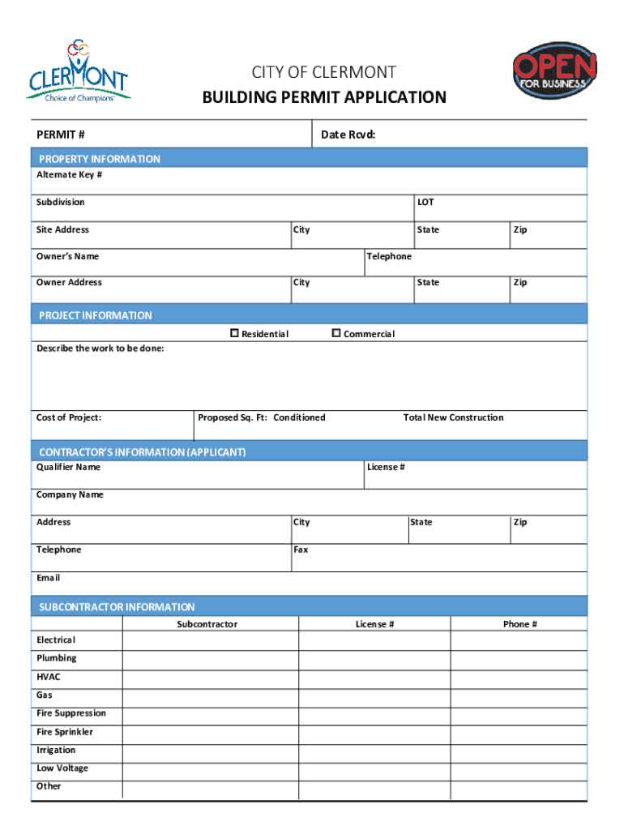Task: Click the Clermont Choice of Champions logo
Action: click(x=78, y=71)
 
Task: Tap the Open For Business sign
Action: click(x=555, y=71)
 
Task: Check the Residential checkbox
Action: click(x=235, y=333)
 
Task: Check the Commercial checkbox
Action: click(x=336, y=333)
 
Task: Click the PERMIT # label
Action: click(x=61, y=135)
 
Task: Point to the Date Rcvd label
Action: click(x=348, y=135)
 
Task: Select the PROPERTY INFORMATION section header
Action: click(x=100, y=159)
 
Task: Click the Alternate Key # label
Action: click(x=69, y=175)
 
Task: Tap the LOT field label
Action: click(x=425, y=202)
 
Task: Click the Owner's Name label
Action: click(x=67, y=256)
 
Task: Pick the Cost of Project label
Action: click(x=69, y=417)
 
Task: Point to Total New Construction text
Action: click(x=453, y=417)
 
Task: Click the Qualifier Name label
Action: click(x=68, y=467)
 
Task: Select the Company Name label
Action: click(x=70, y=494)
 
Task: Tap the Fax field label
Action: click(x=301, y=550)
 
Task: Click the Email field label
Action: click(x=48, y=578)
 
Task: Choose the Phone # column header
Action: click(x=519, y=624)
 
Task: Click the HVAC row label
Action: click(x=48, y=677)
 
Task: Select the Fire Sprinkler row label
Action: click(x=65, y=732)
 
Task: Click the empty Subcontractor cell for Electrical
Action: click(x=210, y=640)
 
